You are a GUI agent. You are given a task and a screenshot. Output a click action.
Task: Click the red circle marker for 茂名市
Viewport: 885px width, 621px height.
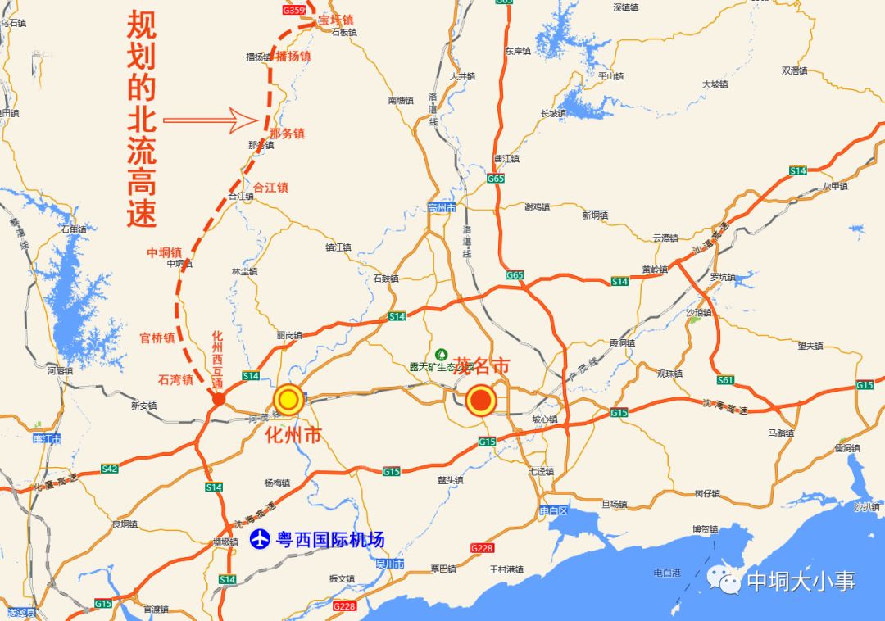coord(480,401)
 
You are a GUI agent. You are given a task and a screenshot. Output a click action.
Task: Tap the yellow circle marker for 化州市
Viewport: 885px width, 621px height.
coord(288,400)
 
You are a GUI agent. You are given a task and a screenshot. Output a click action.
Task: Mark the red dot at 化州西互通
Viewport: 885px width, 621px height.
coord(219,399)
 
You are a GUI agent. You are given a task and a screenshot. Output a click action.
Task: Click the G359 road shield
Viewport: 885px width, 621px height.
coord(293,10)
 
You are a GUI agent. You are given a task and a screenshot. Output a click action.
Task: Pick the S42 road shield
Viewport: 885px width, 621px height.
coord(110,468)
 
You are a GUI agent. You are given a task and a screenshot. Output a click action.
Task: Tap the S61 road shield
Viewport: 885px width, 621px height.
coord(724,380)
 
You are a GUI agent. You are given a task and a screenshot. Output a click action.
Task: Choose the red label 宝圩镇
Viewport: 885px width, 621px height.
coord(336,19)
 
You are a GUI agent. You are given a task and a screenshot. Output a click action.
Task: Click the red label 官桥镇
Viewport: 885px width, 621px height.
coord(157,337)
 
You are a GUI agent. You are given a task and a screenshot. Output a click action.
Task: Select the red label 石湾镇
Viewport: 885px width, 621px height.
coord(175,379)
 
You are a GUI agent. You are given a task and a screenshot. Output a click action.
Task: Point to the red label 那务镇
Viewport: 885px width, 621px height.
coord(287,133)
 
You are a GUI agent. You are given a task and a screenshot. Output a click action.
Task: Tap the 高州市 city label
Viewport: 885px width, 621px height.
coord(441,207)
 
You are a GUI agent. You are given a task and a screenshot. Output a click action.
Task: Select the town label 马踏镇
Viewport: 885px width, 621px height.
coord(780,433)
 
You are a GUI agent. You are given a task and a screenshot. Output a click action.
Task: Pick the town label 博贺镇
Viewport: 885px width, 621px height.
coord(705,529)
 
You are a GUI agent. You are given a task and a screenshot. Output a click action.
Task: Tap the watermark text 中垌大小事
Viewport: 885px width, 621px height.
coord(801,581)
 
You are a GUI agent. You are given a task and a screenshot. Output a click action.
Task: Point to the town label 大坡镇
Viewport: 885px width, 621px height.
coord(715,84)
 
